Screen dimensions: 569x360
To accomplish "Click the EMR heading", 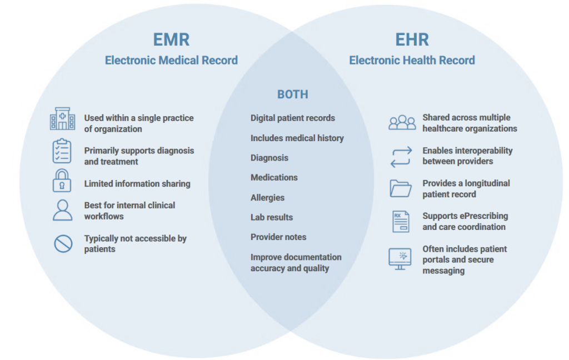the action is click(171, 39).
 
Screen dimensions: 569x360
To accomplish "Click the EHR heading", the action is click(412, 39).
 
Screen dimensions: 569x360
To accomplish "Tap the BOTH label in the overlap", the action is click(293, 94).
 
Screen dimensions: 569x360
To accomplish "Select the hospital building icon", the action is click(62, 118).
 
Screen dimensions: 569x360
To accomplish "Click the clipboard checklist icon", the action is click(62, 151).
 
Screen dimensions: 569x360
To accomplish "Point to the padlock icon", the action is click(62, 181).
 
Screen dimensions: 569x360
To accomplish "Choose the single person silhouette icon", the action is click(62, 210).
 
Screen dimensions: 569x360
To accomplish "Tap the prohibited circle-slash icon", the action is click(63, 243).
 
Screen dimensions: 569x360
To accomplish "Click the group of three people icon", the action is click(402, 123).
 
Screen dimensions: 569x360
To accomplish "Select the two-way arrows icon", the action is click(401, 157).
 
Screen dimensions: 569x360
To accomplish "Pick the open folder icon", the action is click(401, 188).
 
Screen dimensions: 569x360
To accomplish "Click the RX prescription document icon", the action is click(401, 221).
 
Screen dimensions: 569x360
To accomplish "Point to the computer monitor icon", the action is click(400, 259).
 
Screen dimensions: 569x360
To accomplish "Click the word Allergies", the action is click(267, 198).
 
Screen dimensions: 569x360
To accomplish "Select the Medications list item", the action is click(274, 177).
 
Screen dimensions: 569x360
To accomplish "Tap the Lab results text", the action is click(272, 217).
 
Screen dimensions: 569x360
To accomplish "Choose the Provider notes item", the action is click(278, 237).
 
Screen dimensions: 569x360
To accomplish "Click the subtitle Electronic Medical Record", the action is click(171, 60).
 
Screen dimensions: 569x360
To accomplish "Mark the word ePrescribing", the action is click(484, 216).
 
